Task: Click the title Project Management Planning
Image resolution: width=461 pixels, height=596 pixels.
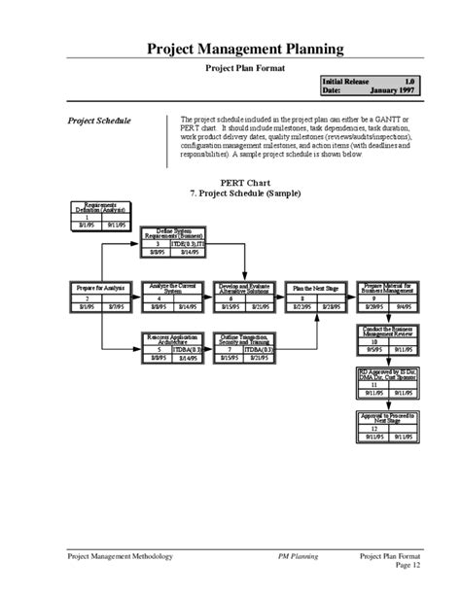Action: (244, 48)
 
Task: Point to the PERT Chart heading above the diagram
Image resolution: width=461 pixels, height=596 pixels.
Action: (244, 183)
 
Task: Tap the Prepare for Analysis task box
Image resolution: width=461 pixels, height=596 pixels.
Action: (100, 296)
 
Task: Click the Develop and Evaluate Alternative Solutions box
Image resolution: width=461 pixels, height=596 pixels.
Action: (244, 296)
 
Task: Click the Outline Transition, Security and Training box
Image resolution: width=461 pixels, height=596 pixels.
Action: (244, 347)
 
